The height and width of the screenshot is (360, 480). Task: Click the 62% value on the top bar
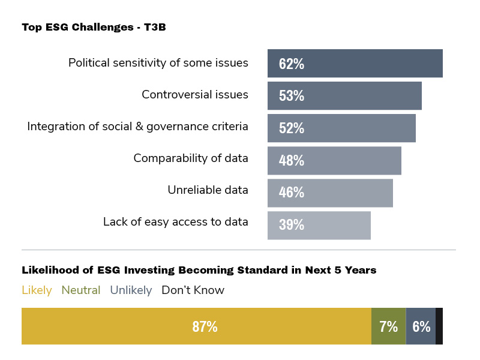coord(292,64)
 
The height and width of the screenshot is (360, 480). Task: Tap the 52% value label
coord(292,128)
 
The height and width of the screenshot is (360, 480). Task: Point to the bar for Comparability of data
coord(334,160)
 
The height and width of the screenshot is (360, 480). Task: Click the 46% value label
coord(292,193)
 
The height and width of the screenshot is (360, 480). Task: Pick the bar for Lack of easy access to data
coord(319,225)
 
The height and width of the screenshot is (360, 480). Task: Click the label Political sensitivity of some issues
coord(158,62)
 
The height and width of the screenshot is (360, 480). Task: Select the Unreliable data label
coord(208,190)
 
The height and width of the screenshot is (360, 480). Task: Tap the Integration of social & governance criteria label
coord(137,127)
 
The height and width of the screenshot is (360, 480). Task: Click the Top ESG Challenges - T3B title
coord(94,27)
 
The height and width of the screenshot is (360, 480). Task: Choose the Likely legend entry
coord(37,290)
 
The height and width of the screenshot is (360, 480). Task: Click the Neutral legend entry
coord(81,290)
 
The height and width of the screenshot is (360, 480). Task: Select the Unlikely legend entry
coord(131,290)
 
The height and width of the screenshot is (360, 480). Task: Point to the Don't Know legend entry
coord(193,290)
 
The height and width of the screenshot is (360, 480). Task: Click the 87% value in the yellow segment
coord(205,327)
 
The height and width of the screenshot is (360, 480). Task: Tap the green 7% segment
coord(389,326)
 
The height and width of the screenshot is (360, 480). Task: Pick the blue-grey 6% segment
coord(421,326)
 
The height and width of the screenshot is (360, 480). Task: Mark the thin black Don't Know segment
coord(439,326)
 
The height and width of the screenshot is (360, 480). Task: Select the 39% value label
coord(292,225)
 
